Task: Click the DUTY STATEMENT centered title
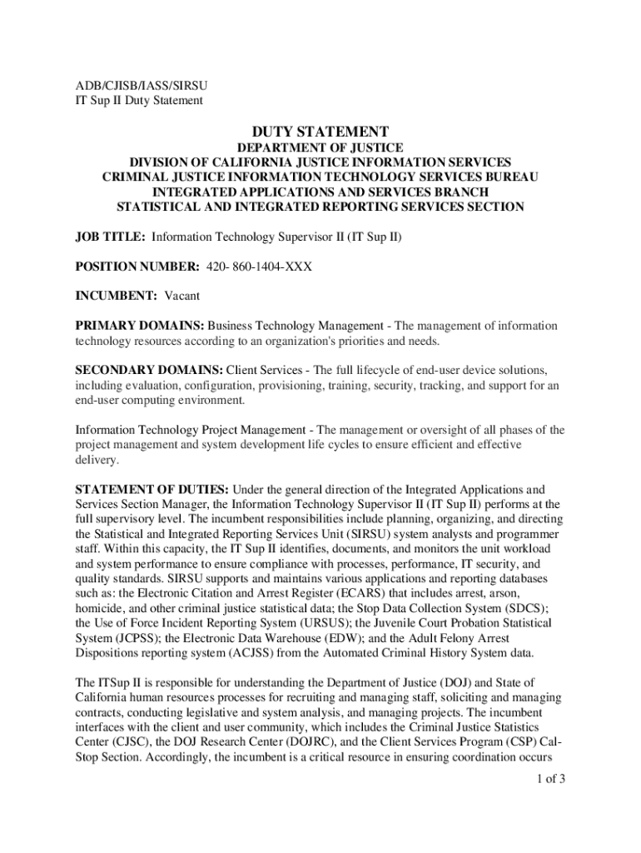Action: tap(320, 132)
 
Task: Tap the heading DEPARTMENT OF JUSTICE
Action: tap(320, 147)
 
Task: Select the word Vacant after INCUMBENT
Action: tap(181, 296)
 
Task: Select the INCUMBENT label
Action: tap(117, 296)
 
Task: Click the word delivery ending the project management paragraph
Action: tap(96, 460)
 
